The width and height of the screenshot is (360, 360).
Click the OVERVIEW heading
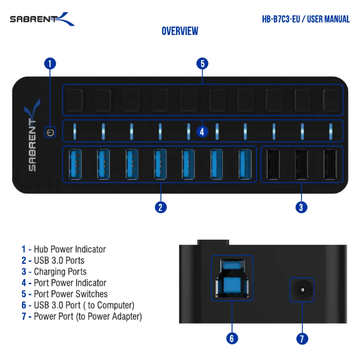click(x=180, y=31)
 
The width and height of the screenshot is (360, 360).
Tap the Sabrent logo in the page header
click(x=42, y=19)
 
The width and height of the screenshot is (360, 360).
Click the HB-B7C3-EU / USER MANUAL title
click(x=306, y=19)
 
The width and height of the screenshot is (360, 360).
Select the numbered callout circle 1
click(x=50, y=63)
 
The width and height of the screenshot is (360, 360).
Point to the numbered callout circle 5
click(x=202, y=63)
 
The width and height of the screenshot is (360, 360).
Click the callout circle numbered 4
click(x=202, y=132)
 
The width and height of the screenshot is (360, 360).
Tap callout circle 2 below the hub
click(x=161, y=207)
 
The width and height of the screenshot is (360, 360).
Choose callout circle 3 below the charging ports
click(x=301, y=207)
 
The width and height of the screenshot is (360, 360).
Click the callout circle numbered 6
click(x=232, y=338)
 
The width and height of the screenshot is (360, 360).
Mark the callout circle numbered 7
click(x=302, y=338)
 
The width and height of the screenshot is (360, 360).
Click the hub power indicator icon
click(x=50, y=132)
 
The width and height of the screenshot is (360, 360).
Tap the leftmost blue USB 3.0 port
click(x=75, y=164)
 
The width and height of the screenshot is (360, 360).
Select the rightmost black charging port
click(x=330, y=164)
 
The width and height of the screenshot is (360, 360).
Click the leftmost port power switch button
click(x=75, y=100)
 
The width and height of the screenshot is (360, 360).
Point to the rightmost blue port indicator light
click(x=330, y=131)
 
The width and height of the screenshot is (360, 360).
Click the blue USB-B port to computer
click(x=232, y=278)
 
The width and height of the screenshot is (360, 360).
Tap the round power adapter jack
click(x=302, y=290)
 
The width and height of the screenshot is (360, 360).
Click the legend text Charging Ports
click(x=60, y=272)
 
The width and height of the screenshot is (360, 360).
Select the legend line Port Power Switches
click(x=64, y=294)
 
